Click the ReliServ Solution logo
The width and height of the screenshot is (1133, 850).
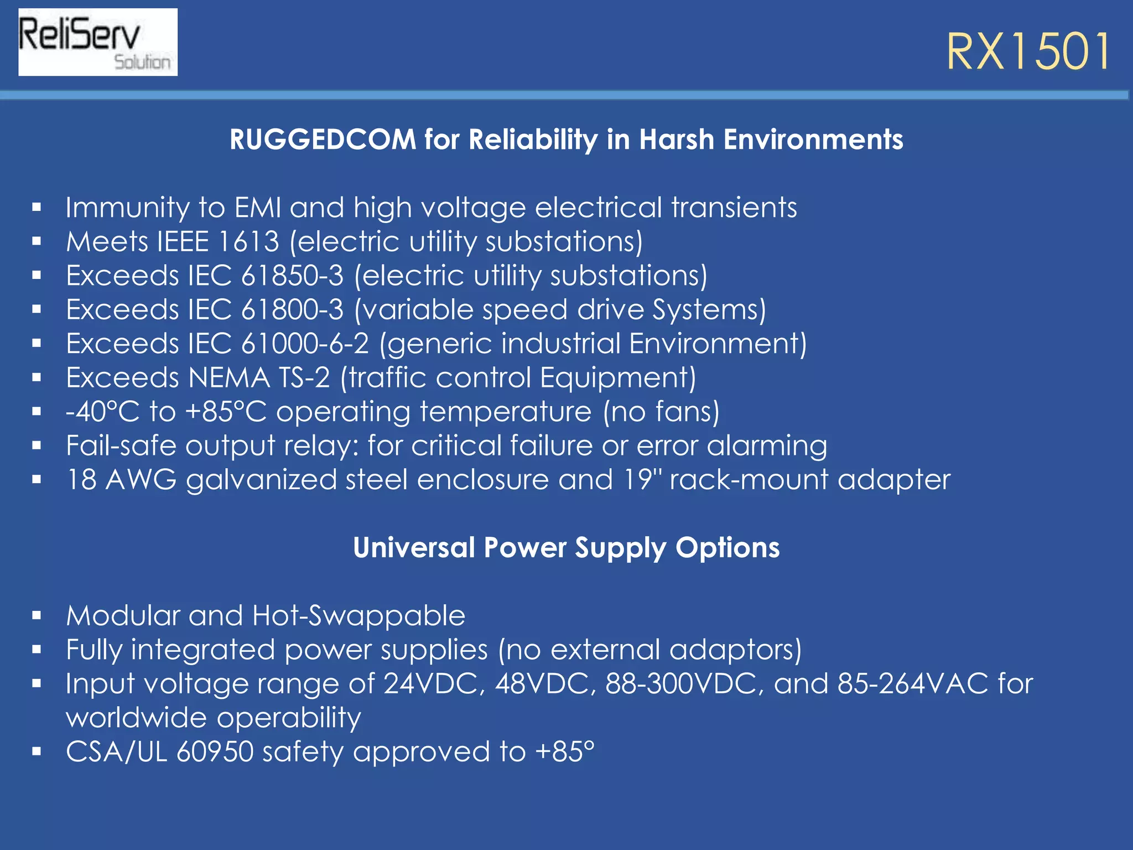(98, 42)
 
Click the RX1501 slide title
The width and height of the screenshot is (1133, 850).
(1028, 52)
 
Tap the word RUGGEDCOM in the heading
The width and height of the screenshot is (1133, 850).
(323, 139)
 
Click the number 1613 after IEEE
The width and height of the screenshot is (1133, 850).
(249, 242)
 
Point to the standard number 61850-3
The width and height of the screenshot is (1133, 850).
(292, 276)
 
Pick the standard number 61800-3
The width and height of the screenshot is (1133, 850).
(292, 310)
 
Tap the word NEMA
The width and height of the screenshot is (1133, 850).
(229, 378)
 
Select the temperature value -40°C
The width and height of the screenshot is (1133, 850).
(103, 412)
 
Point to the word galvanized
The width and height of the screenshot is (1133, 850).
(261, 480)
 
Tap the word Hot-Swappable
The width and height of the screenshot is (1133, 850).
(358, 616)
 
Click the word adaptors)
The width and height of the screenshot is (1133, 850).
(735, 650)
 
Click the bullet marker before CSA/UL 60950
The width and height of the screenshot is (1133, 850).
(37, 751)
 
